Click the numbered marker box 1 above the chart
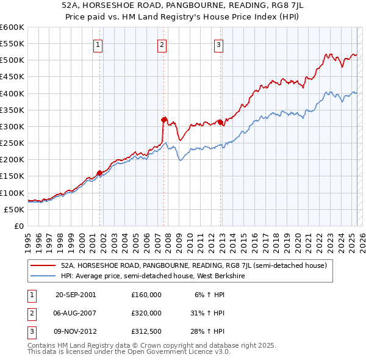pos(98,44)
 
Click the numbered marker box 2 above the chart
pos(162,44)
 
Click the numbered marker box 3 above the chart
pos(218,44)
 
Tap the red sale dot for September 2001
pos(99,172)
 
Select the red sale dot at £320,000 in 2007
pos(163,120)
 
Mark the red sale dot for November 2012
pos(220,122)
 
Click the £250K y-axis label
pos(12,143)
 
